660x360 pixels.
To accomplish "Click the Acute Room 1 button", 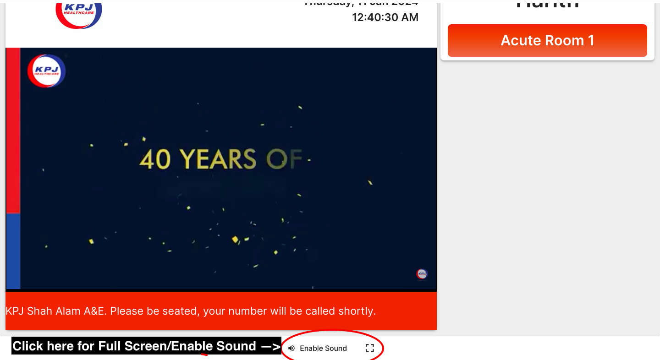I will point(547,41).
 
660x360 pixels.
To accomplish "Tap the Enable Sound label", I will point(323,349).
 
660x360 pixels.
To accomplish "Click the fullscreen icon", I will point(370,349).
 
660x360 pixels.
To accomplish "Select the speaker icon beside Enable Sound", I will point(291,349).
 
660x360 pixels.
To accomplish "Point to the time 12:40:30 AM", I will point(385,17).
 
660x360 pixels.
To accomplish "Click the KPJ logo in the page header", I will point(79,13).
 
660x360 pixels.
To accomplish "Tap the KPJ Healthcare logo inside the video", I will point(47,71).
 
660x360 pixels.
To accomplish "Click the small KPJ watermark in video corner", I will point(422,274).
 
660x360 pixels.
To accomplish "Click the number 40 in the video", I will point(155,159).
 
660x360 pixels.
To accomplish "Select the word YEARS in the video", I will point(218,159).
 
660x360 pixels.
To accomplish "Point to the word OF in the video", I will point(284,159).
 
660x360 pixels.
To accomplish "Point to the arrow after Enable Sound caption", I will point(270,347).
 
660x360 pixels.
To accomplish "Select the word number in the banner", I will point(247,311).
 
